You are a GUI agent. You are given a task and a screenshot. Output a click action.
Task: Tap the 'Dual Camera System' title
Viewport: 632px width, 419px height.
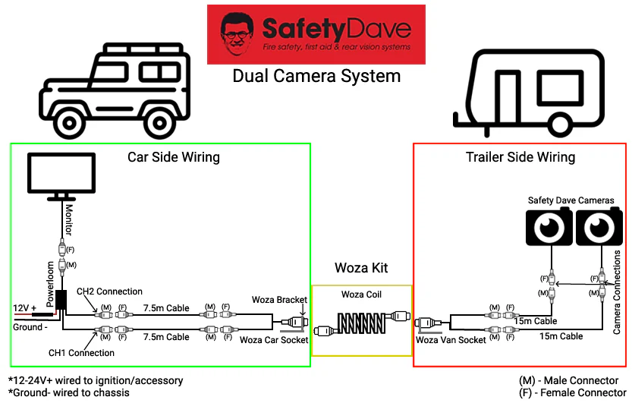click(x=316, y=76)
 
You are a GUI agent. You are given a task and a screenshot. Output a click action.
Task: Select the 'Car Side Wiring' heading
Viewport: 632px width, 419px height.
click(x=173, y=157)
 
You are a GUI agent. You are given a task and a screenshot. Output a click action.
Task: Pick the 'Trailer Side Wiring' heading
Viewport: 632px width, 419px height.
click(x=520, y=157)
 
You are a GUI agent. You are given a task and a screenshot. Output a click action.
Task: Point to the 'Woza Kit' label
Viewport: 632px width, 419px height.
click(x=361, y=268)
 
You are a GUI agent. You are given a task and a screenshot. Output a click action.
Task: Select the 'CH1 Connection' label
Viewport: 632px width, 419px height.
click(x=82, y=353)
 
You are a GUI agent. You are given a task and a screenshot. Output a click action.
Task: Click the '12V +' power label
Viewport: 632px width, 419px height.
click(x=24, y=307)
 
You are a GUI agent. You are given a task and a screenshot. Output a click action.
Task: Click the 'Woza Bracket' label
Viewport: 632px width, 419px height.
click(x=281, y=301)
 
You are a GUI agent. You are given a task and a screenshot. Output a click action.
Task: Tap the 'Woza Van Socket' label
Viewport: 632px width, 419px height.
click(x=451, y=340)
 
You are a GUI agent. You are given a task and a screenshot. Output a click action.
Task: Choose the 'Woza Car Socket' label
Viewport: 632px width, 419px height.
click(x=274, y=340)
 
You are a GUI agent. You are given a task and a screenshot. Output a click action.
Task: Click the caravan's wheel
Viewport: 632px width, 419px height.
click(x=560, y=121)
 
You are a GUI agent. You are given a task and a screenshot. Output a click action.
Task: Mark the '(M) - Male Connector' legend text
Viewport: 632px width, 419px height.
click(x=574, y=380)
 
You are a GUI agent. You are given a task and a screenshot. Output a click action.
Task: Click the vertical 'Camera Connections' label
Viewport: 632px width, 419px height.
click(x=617, y=291)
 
